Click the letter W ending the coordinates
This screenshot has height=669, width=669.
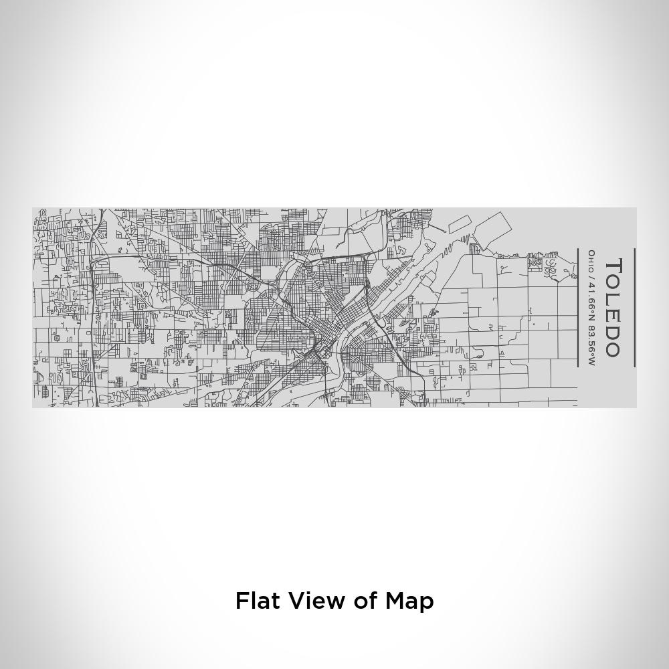[x=591, y=362]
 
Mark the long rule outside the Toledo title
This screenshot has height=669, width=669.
[x=634, y=308]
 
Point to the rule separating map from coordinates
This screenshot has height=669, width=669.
[x=577, y=308]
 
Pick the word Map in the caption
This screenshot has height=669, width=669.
[x=409, y=600]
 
